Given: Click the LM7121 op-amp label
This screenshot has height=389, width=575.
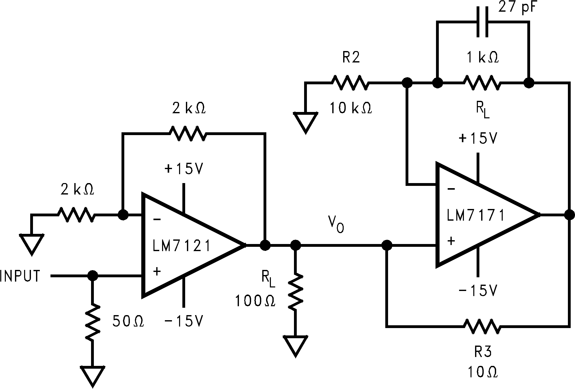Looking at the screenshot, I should click(x=182, y=246).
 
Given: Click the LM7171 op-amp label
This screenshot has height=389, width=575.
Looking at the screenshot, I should click(x=476, y=215).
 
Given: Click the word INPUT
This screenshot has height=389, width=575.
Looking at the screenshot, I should click(x=20, y=276).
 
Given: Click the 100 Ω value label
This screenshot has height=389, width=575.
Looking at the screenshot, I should click(x=255, y=301).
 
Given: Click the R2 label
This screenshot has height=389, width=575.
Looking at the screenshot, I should click(x=351, y=58).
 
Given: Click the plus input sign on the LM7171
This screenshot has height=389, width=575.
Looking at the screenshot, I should click(x=451, y=241).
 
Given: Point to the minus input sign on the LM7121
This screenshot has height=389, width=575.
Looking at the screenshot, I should click(x=157, y=219).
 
